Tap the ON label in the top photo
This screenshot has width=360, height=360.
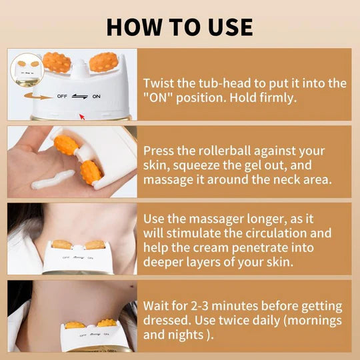click(x=97, y=95)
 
